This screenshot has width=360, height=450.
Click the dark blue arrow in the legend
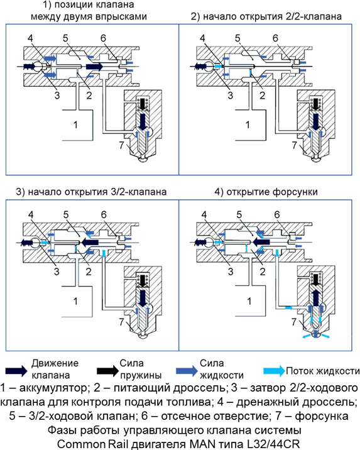click(x=16, y=371)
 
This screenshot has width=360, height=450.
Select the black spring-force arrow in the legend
click(x=107, y=371)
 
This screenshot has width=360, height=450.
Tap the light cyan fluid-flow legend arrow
click(x=274, y=371)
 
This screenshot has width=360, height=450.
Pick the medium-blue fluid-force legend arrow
click(x=187, y=371)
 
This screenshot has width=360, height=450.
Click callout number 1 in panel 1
click(x=75, y=124)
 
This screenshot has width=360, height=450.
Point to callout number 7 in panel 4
click(x=294, y=322)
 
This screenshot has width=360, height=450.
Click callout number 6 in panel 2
click(x=275, y=38)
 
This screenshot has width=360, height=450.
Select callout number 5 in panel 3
click(x=66, y=214)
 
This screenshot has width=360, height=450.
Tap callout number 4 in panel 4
click(x=204, y=214)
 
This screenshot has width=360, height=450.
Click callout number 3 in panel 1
click(x=57, y=95)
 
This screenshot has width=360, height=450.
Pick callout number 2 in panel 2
click(x=262, y=95)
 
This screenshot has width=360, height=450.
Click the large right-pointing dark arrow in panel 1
click(x=94, y=66)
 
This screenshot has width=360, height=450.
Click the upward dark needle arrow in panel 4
click(x=315, y=297)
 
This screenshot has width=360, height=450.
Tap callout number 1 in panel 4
click(x=249, y=301)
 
